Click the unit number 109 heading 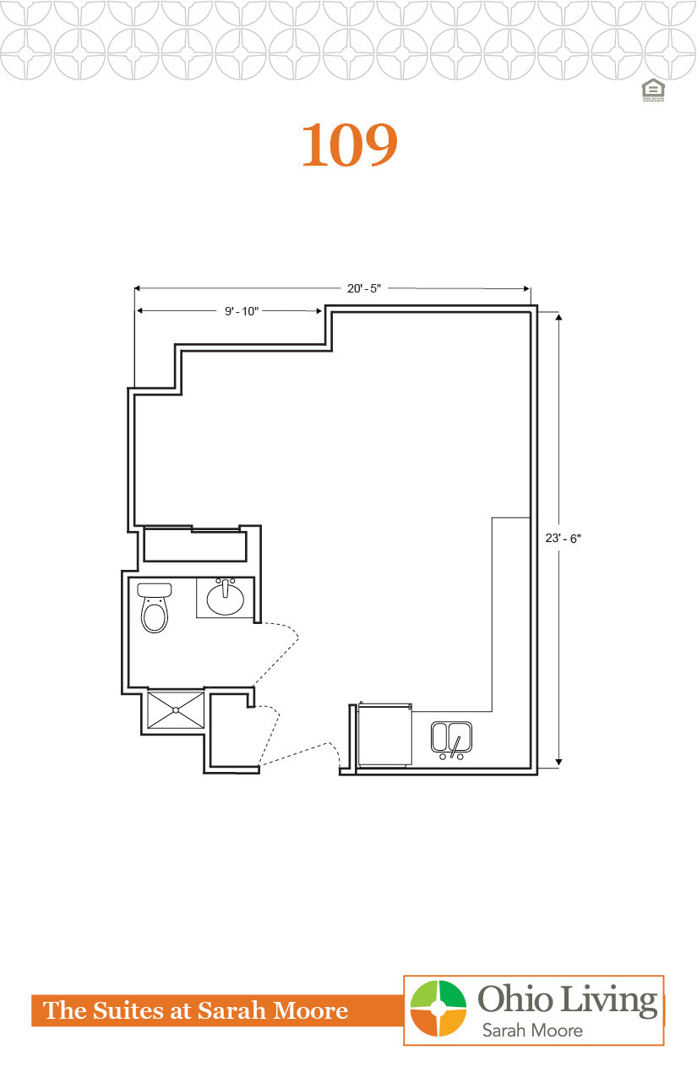point(349,145)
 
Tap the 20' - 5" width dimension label point(364,288)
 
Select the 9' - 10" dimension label point(241,311)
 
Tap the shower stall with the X point(176,710)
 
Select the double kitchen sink point(451,736)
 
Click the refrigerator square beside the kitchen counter point(384,735)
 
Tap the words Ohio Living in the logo point(568,1000)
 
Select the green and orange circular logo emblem point(438,1008)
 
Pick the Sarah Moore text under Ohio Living point(531,1031)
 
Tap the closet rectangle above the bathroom point(194,544)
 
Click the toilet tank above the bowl point(155,589)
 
